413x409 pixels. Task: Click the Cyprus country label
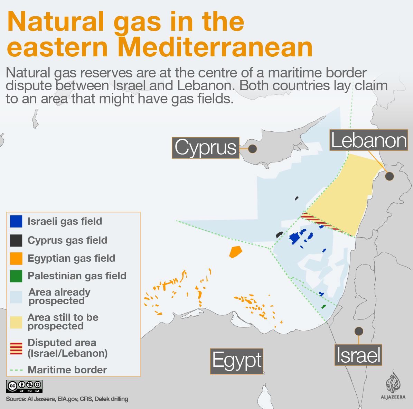click(206, 148)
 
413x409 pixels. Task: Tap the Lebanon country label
click(369, 140)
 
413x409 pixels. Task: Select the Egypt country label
click(237, 361)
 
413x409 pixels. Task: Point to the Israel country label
click(358, 355)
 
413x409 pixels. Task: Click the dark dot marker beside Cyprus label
click(253, 149)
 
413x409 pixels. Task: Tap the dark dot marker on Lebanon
click(389, 176)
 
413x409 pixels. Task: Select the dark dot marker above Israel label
click(359, 331)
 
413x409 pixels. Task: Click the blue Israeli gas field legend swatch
click(16, 221)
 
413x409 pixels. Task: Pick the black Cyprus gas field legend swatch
click(16, 240)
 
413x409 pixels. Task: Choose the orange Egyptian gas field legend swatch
click(16, 258)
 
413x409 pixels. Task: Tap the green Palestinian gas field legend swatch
click(16, 276)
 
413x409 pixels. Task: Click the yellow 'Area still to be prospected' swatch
click(16, 322)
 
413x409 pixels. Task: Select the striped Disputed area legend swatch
click(16, 348)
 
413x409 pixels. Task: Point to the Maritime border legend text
click(67, 370)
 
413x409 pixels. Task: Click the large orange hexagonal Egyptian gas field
click(235, 252)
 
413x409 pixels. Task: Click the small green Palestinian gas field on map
click(323, 307)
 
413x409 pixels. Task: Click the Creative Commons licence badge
click(24, 386)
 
